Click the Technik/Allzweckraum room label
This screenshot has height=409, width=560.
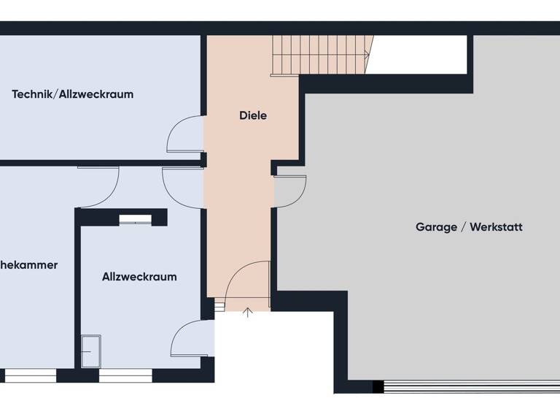pyautogui.click(x=72, y=94)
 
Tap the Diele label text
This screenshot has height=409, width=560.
pyautogui.click(x=253, y=115)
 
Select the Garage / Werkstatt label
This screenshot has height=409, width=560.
pyautogui.click(x=469, y=227)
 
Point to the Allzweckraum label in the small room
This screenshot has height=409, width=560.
pyautogui.click(x=139, y=277)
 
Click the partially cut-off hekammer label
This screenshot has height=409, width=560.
pyautogui.click(x=28, y=265)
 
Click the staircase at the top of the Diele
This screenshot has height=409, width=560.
pyautogui.click(x=321, y=55)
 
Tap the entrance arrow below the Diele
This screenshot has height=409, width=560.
pyautogui.click(x=247, y=313)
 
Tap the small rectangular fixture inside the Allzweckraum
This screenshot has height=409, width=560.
pyautogui.click(x=91, y=351)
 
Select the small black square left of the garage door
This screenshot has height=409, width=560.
pyautogui.click(x=378, y=386)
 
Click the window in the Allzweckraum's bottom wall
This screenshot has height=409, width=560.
pyautogui.click(x=125, y=376)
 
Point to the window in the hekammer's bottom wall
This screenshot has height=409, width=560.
pyautogui.click(x=30, y=376)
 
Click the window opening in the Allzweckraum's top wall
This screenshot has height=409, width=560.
pyautogui.click(x=135, y=218)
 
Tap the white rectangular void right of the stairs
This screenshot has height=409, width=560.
pyautogui.click(x=418, y=55)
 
